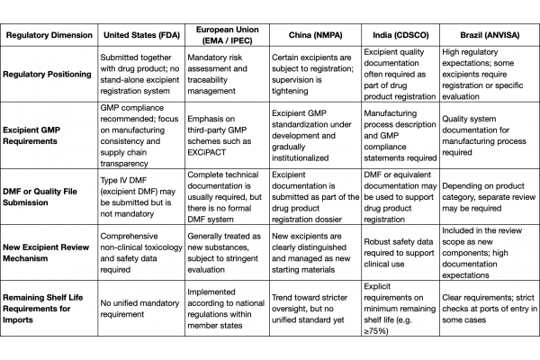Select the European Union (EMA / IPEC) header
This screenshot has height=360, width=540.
228,34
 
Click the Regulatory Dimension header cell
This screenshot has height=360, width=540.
49,34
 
